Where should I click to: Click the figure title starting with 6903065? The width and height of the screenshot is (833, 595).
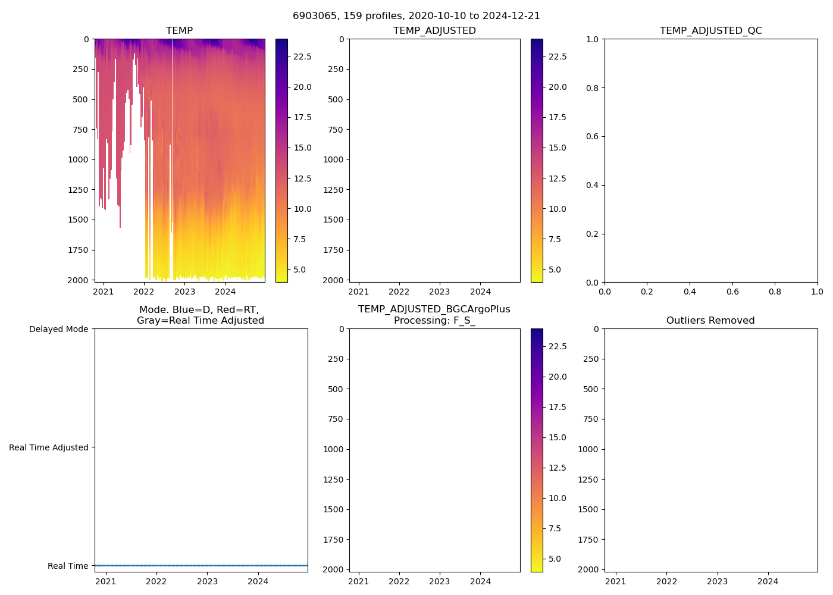(416, 16)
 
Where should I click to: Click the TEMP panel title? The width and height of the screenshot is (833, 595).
(179, 31)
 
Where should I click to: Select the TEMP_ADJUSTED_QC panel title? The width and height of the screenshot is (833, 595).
(710, 31)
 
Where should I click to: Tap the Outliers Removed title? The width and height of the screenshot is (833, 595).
(710, 321)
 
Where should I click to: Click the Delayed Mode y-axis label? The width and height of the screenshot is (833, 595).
(58, 329)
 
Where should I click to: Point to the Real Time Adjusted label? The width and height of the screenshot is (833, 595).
(48, 447)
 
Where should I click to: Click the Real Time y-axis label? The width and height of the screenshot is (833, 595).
(68, 566)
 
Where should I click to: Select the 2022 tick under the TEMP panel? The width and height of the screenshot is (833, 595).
(144, 292)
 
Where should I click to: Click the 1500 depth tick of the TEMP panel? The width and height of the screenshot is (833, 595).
(80, 220)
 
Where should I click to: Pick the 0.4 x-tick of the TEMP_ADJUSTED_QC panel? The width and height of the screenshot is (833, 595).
(690, 292)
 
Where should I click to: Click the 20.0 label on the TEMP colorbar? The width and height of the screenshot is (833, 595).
(302, 87)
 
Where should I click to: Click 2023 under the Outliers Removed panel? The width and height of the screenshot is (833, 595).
(717, 581)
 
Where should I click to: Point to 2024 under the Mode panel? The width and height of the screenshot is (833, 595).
(258, 581)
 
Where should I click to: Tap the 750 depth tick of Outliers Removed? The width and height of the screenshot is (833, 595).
(590, 419)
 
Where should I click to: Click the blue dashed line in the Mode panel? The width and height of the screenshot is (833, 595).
(201, 565)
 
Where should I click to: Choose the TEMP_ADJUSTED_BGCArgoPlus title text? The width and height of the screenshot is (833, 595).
(434, 309)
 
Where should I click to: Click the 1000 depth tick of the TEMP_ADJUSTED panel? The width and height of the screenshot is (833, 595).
(333, 159)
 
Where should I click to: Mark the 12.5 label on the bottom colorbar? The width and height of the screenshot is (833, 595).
(558, 468)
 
